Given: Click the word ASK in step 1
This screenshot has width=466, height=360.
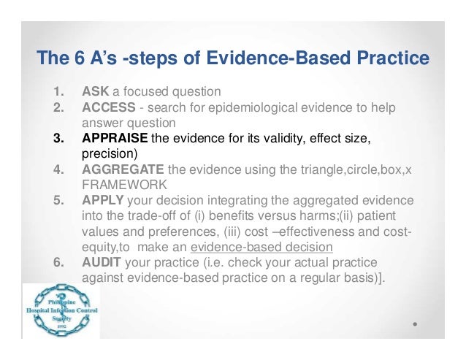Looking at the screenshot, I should (95, 93).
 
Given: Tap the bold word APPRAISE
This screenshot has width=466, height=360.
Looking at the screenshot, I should (115, 139).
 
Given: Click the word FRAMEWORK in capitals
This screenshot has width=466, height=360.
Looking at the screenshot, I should (118, 185).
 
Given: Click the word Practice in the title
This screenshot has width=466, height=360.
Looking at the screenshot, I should (391, 58).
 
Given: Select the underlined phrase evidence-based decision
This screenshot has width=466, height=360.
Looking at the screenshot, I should (261, 246).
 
